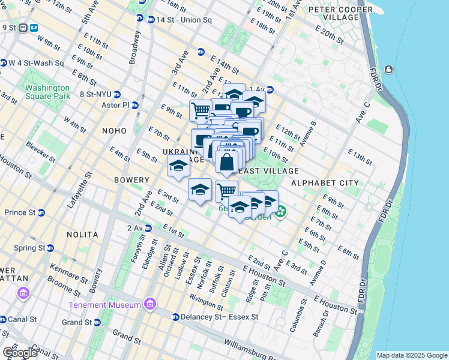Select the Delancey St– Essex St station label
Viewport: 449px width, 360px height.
(x=219, y=317)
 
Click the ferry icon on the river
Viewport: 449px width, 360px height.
(x=388, y=70)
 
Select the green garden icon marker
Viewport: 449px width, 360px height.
(x=281, y=212)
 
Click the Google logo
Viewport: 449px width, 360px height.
(x=20, y=352)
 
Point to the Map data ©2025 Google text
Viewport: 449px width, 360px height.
(x=411, y=355)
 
